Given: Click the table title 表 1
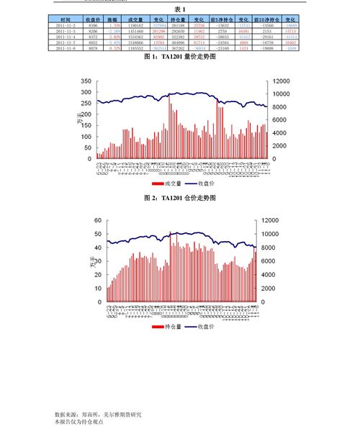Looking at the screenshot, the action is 179,9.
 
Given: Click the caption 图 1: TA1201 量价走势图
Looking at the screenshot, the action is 179,56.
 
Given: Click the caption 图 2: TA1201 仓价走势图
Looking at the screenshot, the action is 179,196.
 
